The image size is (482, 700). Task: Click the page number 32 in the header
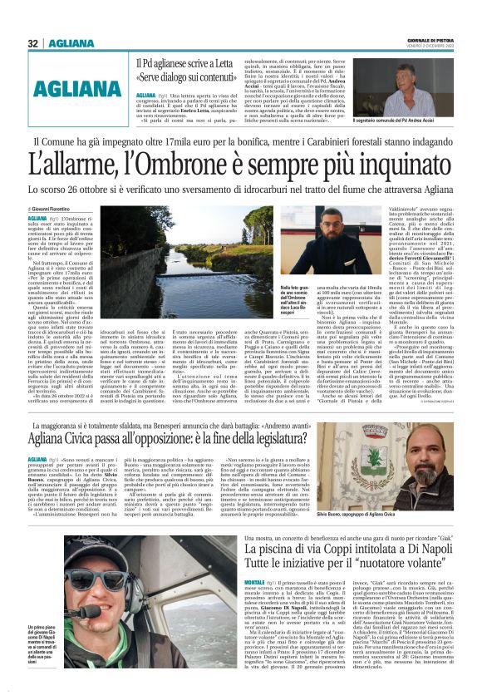pos(32,43)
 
